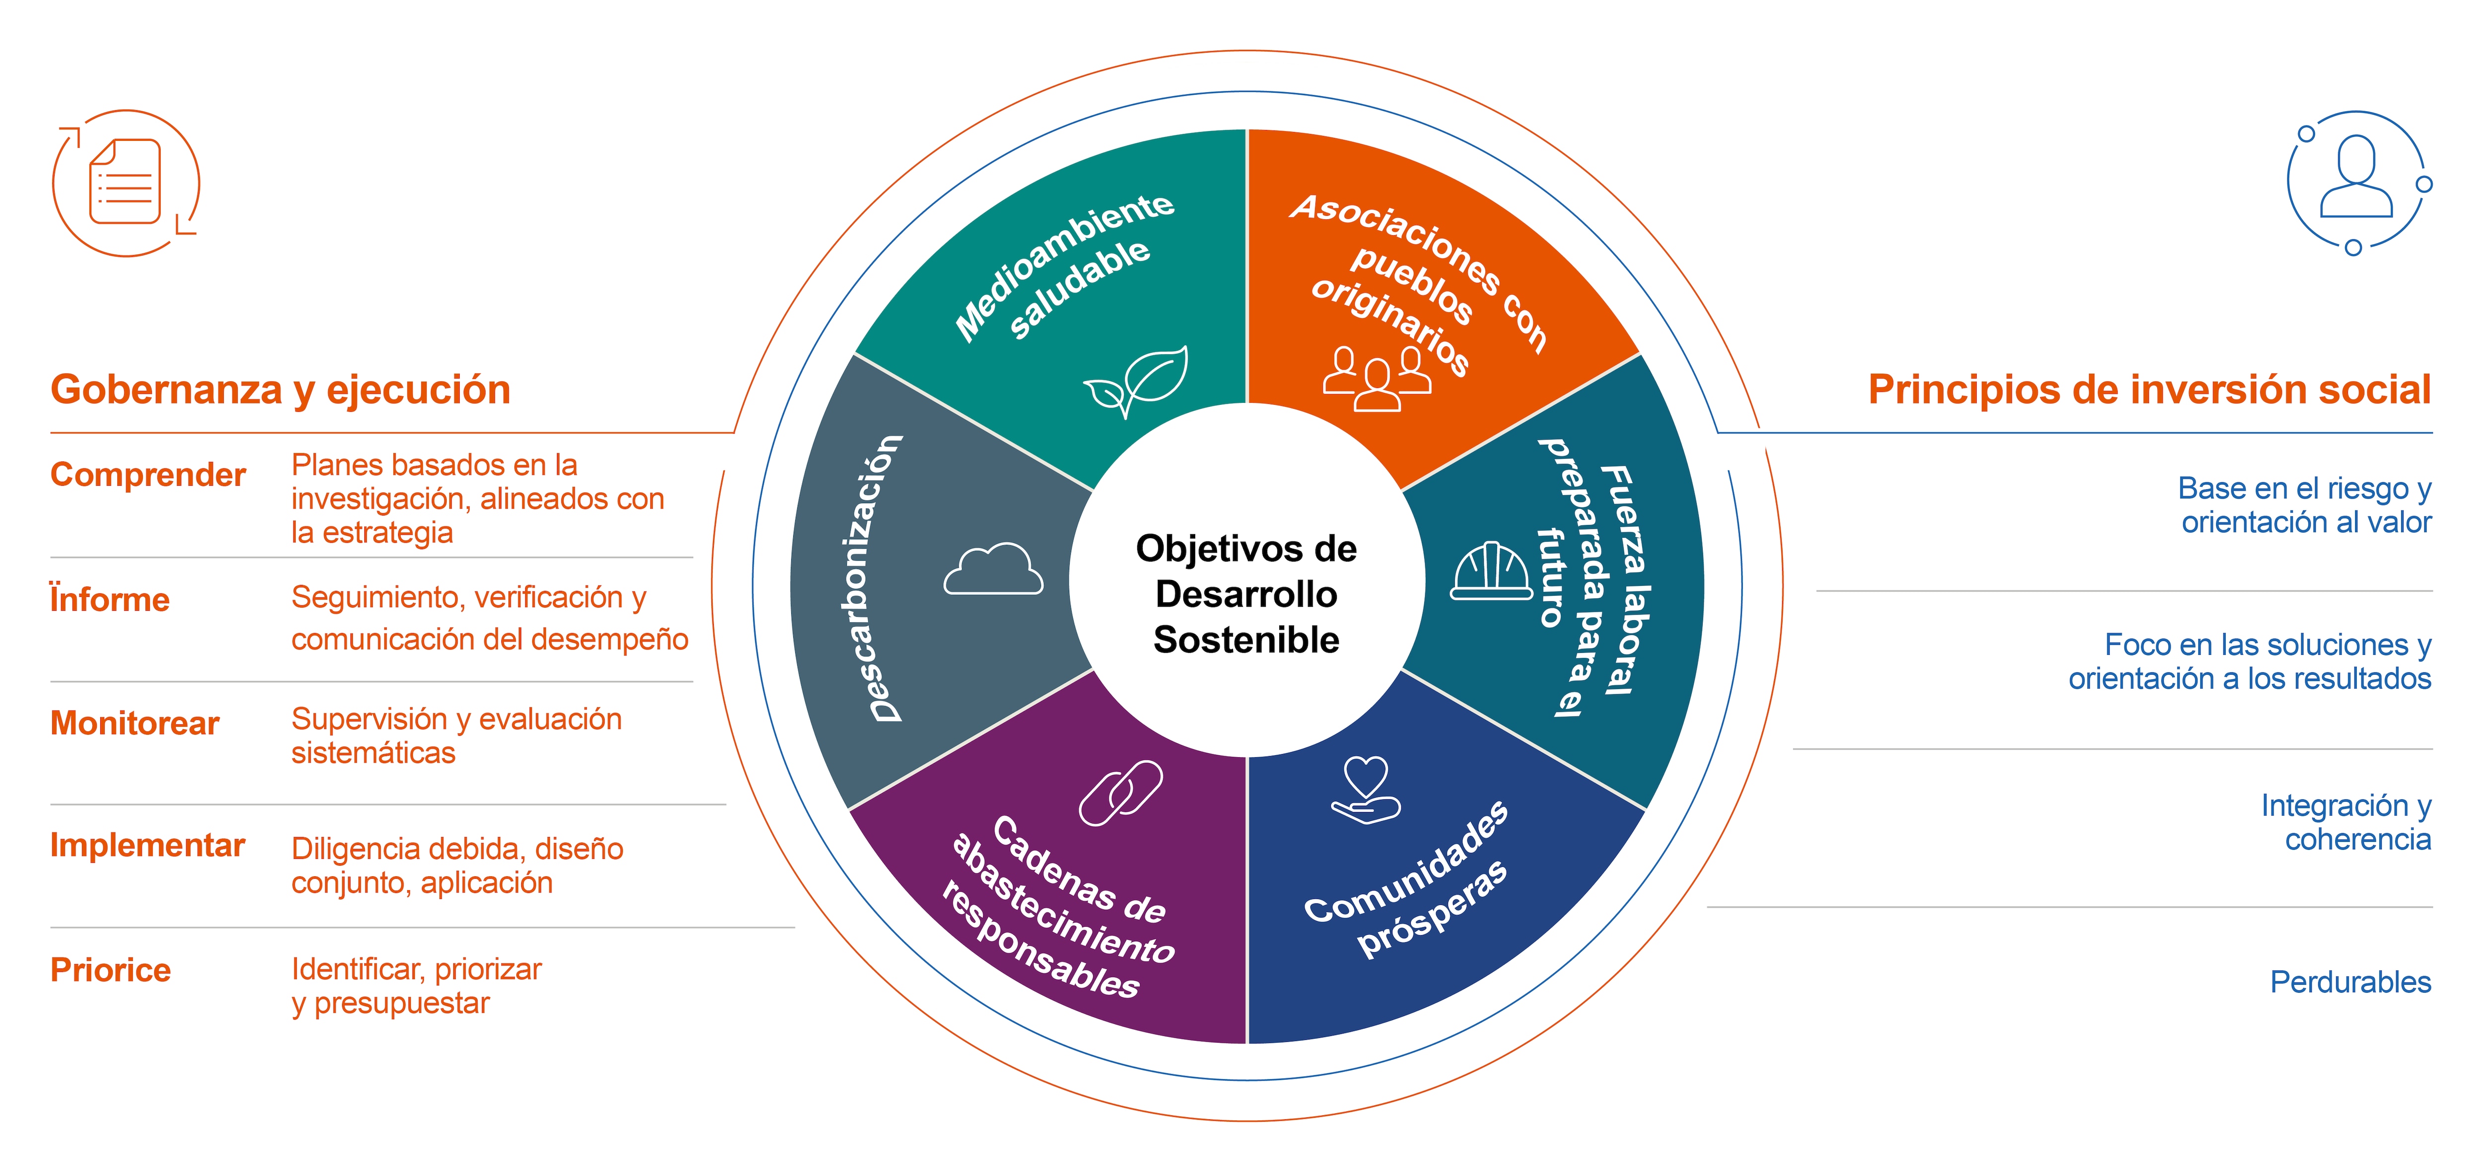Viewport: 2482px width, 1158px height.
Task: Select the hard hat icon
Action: (1491, 571)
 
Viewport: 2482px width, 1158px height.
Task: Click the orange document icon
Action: (125, 183)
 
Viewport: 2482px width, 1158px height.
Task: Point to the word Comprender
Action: (147, 475)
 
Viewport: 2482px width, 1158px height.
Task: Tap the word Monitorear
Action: (135, 722)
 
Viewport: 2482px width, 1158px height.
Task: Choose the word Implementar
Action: (147, 845)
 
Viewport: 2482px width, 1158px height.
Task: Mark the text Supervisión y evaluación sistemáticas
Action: (457, 735)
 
